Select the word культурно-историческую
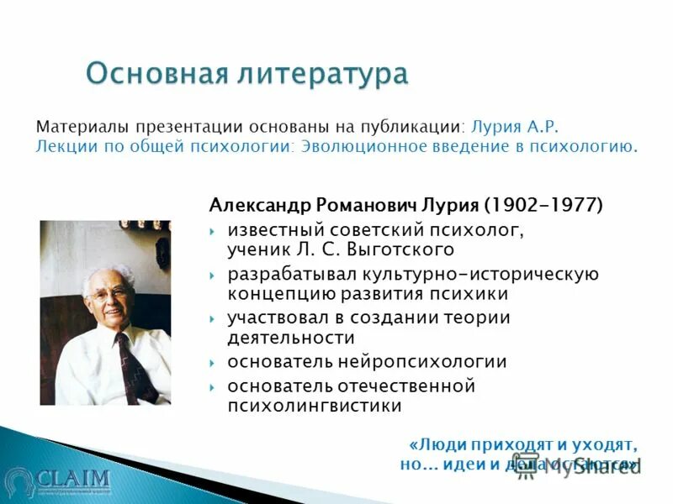click(480, 275)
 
